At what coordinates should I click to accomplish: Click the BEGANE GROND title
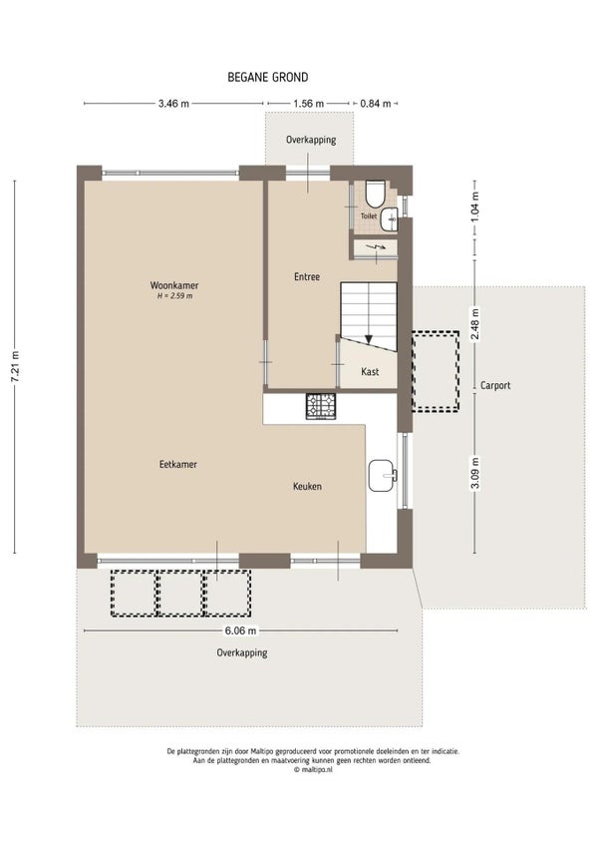point(267,77)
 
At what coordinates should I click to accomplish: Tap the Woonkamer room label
point(174,285)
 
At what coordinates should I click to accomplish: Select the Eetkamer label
point(178,464)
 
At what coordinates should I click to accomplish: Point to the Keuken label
point(307,486)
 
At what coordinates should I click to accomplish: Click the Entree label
point(307,276)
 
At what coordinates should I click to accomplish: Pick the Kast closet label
point(370,372)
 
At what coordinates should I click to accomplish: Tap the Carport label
point(495,385)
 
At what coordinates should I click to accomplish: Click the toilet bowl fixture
point(375,194)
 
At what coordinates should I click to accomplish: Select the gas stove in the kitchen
point(321,406)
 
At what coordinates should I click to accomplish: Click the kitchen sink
point(383,475)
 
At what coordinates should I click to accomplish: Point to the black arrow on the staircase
point(369,339)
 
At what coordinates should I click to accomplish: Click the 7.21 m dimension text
point(15,367)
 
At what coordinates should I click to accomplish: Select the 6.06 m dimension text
point(240,631)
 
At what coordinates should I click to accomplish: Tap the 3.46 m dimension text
point(173,103)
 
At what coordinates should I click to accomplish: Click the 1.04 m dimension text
point(474,208)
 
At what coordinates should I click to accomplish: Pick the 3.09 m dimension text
point(475,473)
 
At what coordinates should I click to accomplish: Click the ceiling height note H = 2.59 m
point(174,296)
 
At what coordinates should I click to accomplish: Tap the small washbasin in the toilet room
point(390,219)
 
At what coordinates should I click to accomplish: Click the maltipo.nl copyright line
point(313,770)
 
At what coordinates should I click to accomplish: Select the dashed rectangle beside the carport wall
point(436,371)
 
